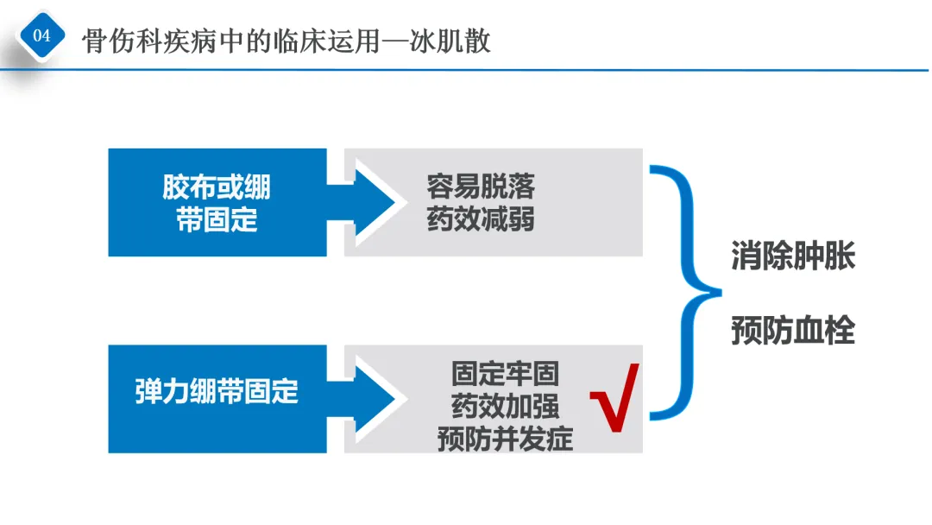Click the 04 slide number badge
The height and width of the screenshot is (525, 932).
click(41, 36)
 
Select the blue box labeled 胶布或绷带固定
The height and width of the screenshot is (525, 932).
click(217, 203)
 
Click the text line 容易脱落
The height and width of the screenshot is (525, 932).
click(481, 186)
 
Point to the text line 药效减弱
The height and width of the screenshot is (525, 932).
click(481, 218)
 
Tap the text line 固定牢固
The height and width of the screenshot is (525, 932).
click(505, 373)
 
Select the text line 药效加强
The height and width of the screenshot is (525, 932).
click(505, 406)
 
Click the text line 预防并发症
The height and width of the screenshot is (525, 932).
click(505, 439)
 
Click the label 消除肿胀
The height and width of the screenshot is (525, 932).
click(793, 256)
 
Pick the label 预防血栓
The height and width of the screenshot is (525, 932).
click(793, 331)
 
